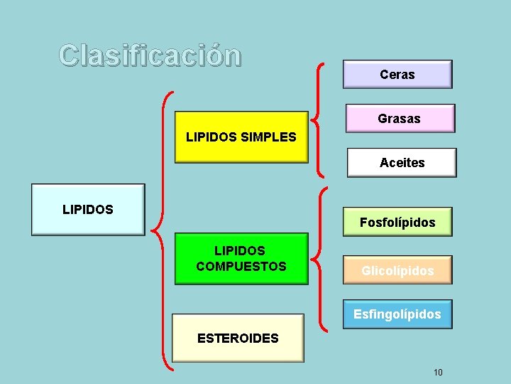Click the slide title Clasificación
pyautogui.click(x=150, y=55)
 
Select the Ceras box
pyautogui.click(x=397, y=75)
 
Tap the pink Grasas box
pyautogui.click(x=400, y=119)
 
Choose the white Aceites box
pyautogui.click(x=402, y=163)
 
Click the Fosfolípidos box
pyautogui.click(x=397, y=223)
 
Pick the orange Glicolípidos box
pyautogui.click(x=397, y=270)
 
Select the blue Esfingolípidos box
pyautogui.click(x=397, y=314)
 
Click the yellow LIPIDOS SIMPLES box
pyautogui.click(x=241, y=137)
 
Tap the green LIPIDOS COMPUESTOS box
pyautogui.click(x=241, y=259)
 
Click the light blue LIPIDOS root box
pyautogui.click(x=88, y=210)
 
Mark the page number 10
pyautogui.click(x=438, y=372)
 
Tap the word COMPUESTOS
pyautogui.click(x=241, y=267)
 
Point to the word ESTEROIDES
pyautogui.click(x=238, y=338)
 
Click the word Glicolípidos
pyautogui.click(x=397, y=271)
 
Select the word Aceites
pyautogui.click(x=402, y=163)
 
